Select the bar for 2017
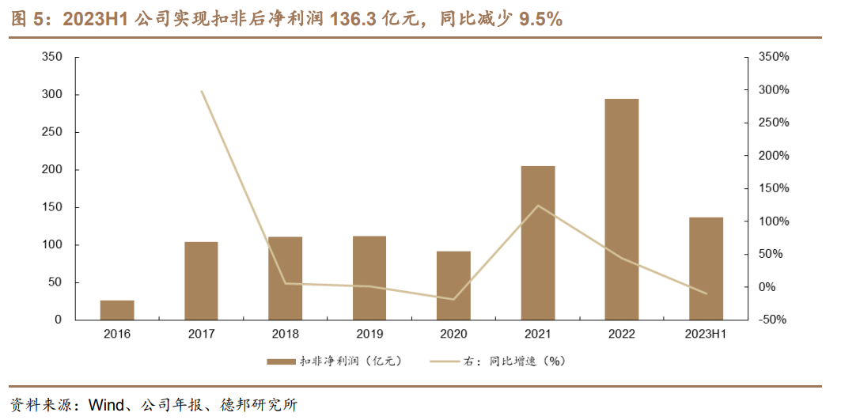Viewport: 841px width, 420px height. point(201,281)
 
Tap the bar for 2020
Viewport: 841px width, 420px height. point(453,286)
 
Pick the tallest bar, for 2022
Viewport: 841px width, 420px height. point(622,210)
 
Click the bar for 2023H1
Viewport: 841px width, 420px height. point(706,268)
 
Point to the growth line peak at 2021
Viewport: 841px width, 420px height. point(538,206)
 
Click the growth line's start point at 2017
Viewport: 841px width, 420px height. point(202,92)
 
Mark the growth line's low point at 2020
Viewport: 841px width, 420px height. point(453,299)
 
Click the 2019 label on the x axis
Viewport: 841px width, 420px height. point(369,334)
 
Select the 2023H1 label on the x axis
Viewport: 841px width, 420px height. point(706,334)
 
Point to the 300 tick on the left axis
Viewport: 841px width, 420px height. point(53,95)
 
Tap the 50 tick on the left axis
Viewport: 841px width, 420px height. point(56,282)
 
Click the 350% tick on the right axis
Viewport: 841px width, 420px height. point(773,58)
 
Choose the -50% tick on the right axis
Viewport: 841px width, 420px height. point(773,320)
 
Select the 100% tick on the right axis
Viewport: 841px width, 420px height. point(773,221)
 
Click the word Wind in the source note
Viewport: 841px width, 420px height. point(107,406)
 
